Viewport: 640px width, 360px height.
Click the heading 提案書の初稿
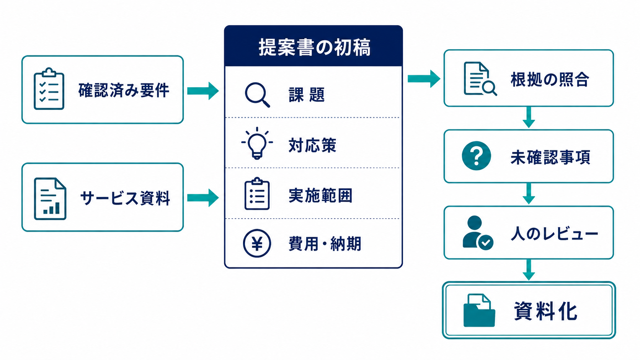tap(315, 47)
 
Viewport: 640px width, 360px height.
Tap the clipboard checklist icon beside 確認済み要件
tap(49, 88)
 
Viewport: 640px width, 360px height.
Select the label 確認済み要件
tap(124, 90)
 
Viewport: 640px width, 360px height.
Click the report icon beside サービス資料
tap(50, 199)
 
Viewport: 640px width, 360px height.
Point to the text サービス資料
tap(125, 198)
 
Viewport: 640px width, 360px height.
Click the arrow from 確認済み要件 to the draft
tap(203, 91)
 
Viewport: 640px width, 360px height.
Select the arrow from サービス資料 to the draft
tap(203, 197)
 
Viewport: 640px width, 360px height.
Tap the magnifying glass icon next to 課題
tap(258, 95)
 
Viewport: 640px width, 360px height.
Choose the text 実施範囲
tap(320, 195)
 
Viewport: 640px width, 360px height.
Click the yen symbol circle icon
tap(257, 244)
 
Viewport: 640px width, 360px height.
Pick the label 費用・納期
tap(325, 244)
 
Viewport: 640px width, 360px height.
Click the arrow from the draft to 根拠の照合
tap(424, 78)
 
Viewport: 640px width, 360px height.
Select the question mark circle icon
tap(476, 156)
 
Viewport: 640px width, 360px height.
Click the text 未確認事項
tap(550, 157)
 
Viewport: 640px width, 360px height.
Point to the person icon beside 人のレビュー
tap(477, 233)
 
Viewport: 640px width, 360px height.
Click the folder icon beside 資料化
tap(479, 311)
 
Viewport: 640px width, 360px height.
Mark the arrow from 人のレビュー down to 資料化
tap(529, 270)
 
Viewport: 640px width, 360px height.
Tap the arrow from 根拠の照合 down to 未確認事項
tap(529, 117)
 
